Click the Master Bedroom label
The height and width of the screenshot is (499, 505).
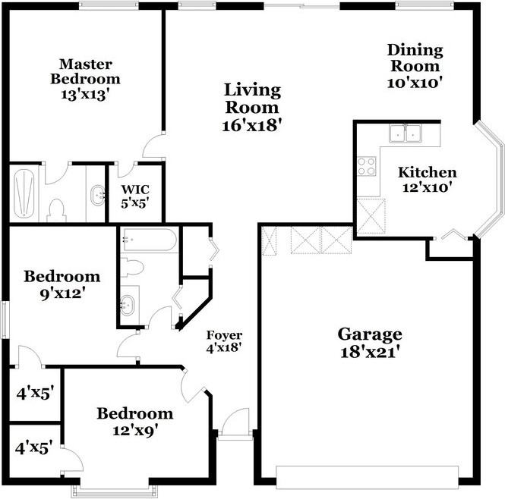click(85, 71)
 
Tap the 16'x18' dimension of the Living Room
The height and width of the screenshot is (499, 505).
click(252, 125)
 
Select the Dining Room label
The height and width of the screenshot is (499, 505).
click(415, 51)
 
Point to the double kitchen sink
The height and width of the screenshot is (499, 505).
click(406, 134)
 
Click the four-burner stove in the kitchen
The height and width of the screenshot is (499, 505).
click(367, 165)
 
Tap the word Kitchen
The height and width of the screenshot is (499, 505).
click(428, 172)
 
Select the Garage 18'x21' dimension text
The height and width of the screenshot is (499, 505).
click(370, 352)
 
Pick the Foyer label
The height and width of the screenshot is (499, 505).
click(225, 334)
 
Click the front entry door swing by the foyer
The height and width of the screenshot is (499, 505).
click(235, 421)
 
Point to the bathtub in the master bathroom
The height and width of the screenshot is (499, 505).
click(24, 193)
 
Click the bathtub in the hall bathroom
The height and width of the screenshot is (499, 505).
click(148, 241)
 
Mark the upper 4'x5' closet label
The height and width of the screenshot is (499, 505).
click(34, 394)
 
